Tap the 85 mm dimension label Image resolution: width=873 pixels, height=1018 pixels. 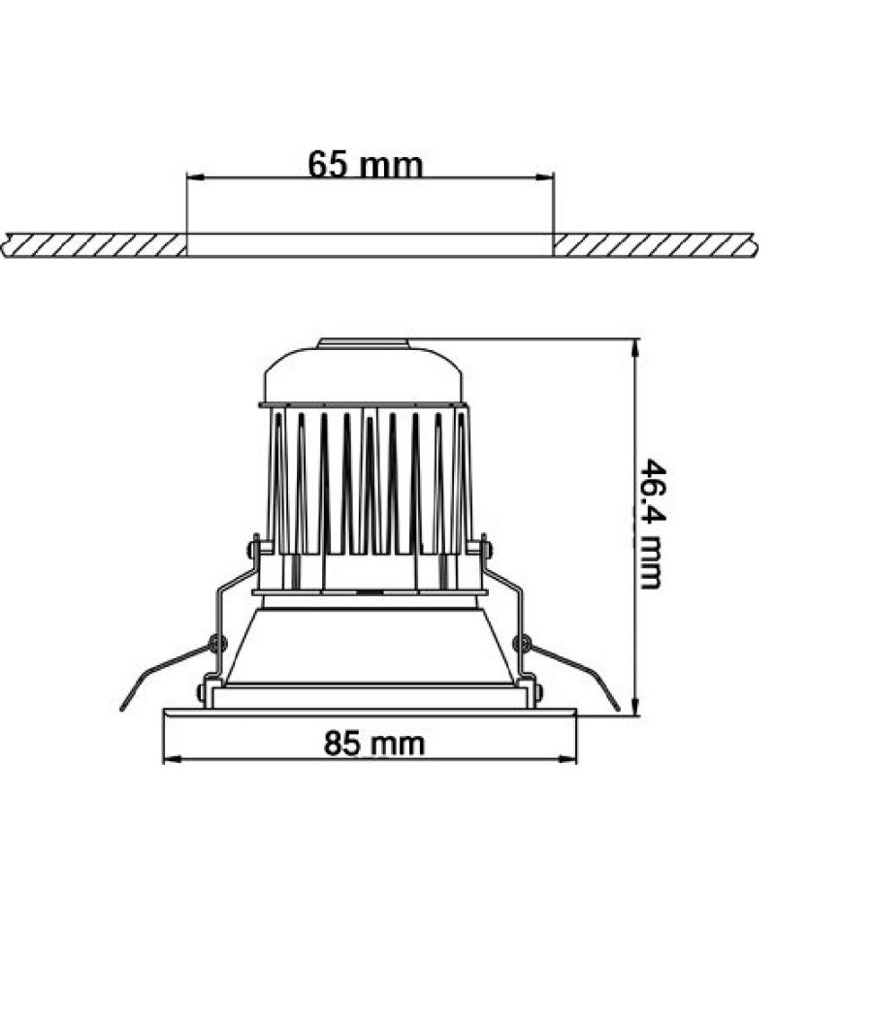pyautogui.click(x=374, y=744)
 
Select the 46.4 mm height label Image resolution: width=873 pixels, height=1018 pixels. pyautogui.click(x=650, y=524)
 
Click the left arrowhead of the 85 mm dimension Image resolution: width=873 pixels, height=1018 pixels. pyautogui.click(x=171, y=758)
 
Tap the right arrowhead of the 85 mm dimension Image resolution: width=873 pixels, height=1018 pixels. pyautogui.click(x=567, y=758)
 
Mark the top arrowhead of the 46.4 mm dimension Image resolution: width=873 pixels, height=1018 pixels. pyautogui.click(x=634, y=348)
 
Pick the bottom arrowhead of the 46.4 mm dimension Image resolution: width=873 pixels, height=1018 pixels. pyautogui.click(x=634, y=707)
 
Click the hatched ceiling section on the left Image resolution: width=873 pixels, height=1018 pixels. pyautogui.click(x=94, y=244)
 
